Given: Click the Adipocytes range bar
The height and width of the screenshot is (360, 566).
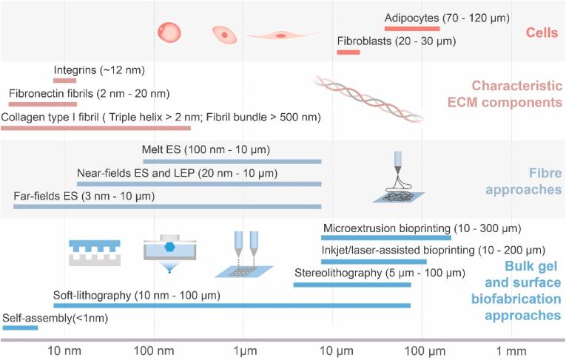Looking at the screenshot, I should click(x=412, y=28).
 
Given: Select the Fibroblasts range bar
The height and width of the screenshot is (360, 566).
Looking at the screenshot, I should click(x=348, y=52).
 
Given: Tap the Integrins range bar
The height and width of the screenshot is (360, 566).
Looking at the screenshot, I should click(x=64, y=81).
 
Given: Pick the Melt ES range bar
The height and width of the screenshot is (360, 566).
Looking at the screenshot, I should click(x=232, y=160).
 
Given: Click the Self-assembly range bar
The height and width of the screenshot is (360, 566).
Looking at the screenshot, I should click(x=20, y=327).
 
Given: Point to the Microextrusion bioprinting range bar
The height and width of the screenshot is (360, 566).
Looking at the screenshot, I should click(x=385, y=238).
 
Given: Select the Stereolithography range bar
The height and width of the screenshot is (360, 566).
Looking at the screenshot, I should click(x=351, y=283).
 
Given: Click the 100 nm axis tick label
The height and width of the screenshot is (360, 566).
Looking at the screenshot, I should click(x=154, y=350).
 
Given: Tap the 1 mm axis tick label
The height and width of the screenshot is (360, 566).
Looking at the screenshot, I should click(x=508, y=350).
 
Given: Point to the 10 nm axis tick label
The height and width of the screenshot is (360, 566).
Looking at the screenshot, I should click(x=64, y=350).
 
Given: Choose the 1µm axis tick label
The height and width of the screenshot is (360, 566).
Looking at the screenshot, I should click(x=243, y=350).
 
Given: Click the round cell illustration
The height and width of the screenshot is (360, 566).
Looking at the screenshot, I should click(x=169, y=33).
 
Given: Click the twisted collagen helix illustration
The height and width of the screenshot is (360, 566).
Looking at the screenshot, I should click(x=368, y=98).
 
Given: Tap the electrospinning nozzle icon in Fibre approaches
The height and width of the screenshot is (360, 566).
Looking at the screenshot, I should click(x=398, y=177).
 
